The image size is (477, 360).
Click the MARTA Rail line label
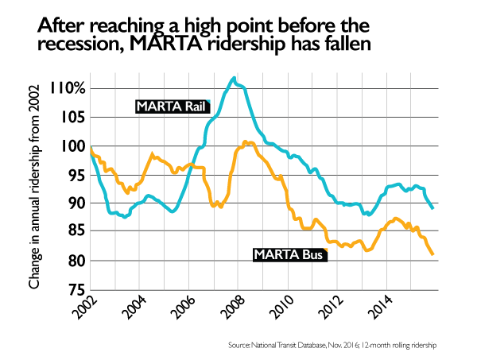(x=166, y=106)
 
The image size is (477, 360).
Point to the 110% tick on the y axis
(x=68, y=88)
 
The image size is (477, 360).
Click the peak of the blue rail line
(x=233, y=78)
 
